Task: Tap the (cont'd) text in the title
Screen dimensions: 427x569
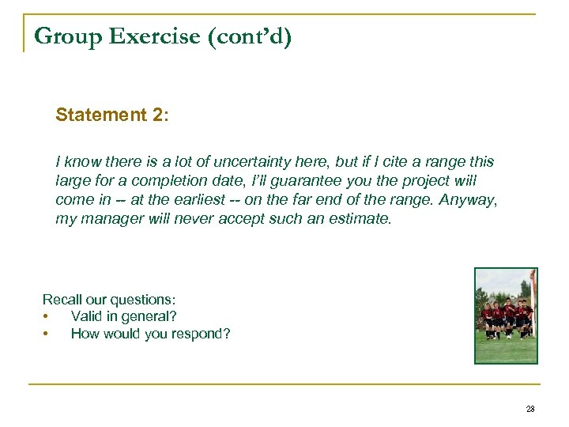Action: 248,36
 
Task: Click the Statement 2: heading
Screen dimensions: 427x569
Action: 111,115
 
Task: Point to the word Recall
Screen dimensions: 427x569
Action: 62,300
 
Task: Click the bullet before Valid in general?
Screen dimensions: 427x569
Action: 49,317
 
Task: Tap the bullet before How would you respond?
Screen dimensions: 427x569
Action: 49,334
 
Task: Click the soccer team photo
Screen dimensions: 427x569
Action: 506,316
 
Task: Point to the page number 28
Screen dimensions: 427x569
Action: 529,409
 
